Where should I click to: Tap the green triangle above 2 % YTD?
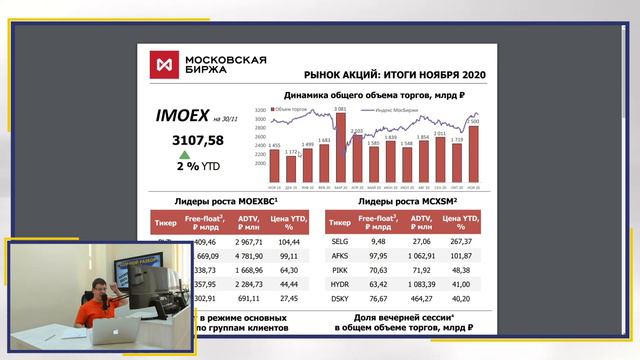183,155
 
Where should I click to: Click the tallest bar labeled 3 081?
339,144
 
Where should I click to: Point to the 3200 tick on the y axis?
260,109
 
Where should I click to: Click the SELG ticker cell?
339,240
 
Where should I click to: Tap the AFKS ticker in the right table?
339,255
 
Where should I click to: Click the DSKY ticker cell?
339,298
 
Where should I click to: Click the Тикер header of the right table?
340,221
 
